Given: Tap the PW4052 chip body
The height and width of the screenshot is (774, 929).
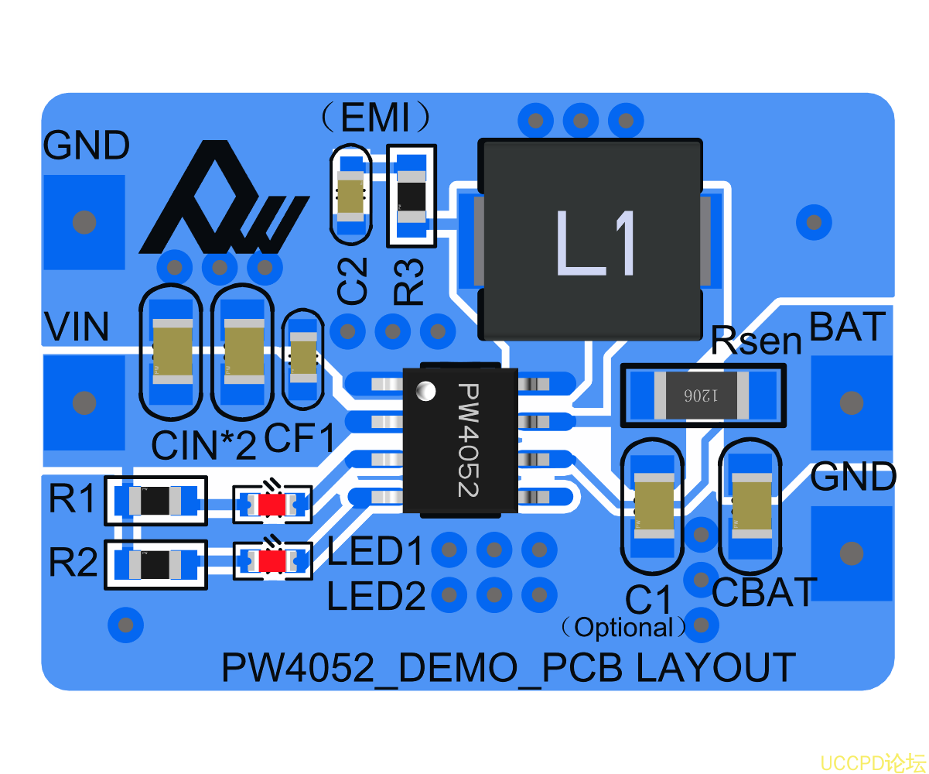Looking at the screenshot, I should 459,440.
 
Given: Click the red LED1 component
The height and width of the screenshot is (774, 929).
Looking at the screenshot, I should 272,505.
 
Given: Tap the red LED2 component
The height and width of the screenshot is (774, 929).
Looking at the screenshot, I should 272,561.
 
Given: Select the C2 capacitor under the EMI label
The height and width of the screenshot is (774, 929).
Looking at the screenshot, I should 350,195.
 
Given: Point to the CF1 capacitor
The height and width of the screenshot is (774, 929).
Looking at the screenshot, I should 302,358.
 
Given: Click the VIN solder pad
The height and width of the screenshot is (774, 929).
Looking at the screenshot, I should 83,402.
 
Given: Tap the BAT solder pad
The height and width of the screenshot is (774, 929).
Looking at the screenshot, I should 850,402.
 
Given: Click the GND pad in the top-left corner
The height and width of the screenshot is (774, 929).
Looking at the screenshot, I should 83,222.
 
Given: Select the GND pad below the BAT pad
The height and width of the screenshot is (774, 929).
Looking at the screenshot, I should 850,553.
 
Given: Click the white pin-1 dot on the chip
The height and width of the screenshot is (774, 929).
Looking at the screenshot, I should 425,392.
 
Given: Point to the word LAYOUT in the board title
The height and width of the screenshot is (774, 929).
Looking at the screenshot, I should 716,668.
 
